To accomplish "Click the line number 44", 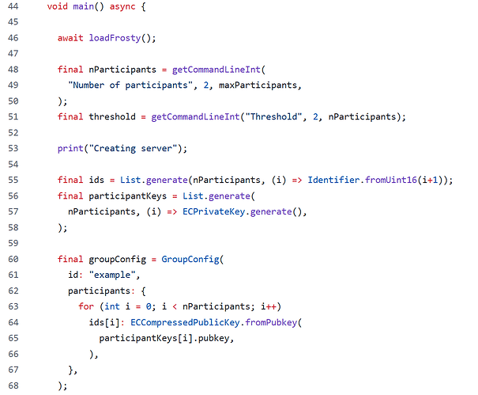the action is click(13, 6).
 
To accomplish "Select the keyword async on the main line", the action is click(122, 6).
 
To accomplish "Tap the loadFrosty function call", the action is click(115, 38).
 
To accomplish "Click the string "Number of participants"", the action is click(130, 85).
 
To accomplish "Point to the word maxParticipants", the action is click(258, 85).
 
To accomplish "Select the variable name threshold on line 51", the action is click(112, 116).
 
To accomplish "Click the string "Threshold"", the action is click(273, 116).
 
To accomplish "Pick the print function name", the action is click(70, 149).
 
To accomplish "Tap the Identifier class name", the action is click(333, 180).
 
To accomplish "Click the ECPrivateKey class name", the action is click(213, 211).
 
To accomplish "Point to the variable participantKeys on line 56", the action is click(128, 196).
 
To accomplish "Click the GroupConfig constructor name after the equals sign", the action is click(190, 259).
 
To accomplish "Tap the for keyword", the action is click(86, 306).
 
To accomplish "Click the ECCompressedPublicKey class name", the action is click(185, 322).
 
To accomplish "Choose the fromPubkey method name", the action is click(271, 322).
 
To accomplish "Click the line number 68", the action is click(13, 386).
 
